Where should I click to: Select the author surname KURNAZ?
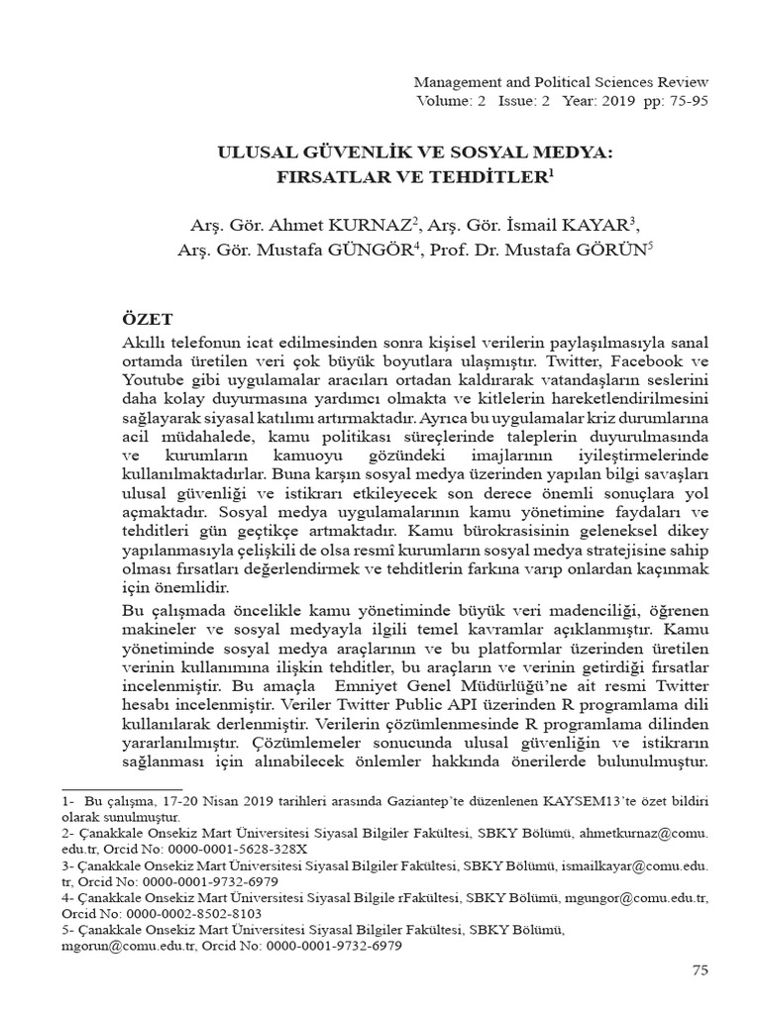tap(351, 224)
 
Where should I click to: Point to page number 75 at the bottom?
tap(700, 971)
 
